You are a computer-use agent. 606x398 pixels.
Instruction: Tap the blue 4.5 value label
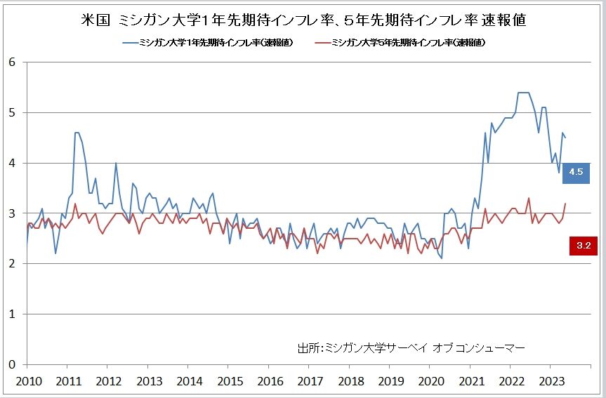click(576, 172)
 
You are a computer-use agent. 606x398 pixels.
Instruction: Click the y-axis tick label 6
click(12, 62)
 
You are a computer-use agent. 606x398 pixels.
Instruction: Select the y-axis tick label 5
click(12, 112)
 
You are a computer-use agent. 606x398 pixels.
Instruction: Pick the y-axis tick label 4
click(12, 163)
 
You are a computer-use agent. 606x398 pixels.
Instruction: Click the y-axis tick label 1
click(12, 314)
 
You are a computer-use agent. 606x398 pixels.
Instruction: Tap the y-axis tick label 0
click(12, 364)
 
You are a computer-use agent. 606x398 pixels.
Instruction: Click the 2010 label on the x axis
click(26, 381)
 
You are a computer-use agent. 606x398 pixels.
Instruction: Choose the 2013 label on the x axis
click(149, 381)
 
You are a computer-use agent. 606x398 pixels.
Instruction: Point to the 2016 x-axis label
click(271, 381)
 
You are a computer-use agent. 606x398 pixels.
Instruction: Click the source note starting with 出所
click(411, 347)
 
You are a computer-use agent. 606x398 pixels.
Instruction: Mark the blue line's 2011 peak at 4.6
click(77, 132)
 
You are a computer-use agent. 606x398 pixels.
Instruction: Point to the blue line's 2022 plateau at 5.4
click(523, 92)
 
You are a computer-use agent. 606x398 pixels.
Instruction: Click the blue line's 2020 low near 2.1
click(441, 258)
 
